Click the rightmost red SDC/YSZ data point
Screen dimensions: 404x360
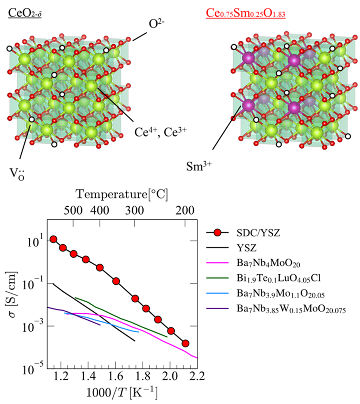(185, 344)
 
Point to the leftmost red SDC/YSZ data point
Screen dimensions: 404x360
(54, 239)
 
